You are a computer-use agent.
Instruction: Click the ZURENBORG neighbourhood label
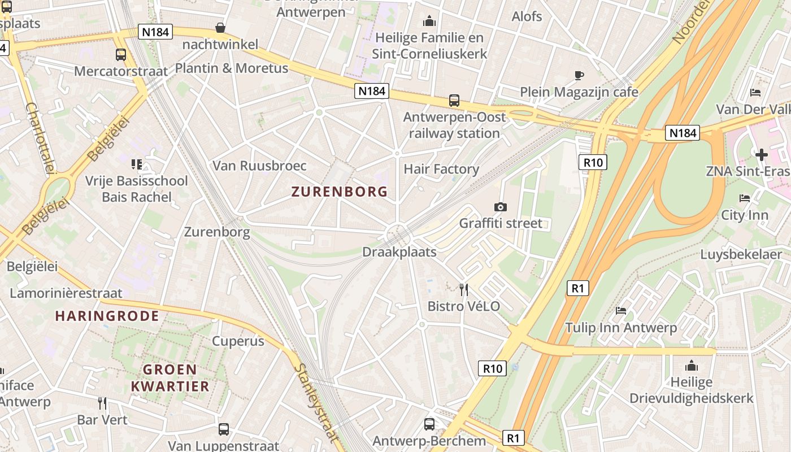pyautogui.click(x=340, y=192)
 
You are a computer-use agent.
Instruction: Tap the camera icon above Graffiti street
pyautogui.click(x=500, y=207)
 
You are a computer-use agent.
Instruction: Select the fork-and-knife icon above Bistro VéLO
pyautogui.click(x=464, y=290)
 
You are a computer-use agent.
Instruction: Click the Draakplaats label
pyautogui.click(x=399, y=252)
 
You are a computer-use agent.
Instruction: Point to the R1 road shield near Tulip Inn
pyautogui.click(x=577, y=288)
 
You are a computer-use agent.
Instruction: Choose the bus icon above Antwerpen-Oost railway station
pyautogui.click(x=454, y=101)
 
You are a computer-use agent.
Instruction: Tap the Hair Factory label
pyautogui.click(x=441, y=169)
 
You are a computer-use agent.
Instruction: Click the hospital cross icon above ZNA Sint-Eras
pyautogui.click(x=762, y=154)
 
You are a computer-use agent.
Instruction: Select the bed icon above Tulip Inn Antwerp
pyautogui.click(x=621, y=310)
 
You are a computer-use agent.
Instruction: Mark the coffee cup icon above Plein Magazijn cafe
pyautogui.click(x=579, y=75)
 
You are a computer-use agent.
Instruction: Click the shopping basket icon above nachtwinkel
pyautogui.click(x=220, y=28)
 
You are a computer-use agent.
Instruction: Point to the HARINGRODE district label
pyautogui.click(x=107, y=316)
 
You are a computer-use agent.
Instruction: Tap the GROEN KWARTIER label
pyautogui.click(x=169, y=378)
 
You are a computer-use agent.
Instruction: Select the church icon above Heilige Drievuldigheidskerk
pyautogui.click(x=692, y=366)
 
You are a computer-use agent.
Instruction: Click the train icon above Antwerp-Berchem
pyautogui.click(x=429, y=424)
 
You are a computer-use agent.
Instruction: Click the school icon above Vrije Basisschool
pyautogui.click(x=136, y=164)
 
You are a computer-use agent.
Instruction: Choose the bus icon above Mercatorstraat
pyautogui.click(x=121, y=55)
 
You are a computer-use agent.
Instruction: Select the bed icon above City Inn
pyautogui.click(x=745, y=198)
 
